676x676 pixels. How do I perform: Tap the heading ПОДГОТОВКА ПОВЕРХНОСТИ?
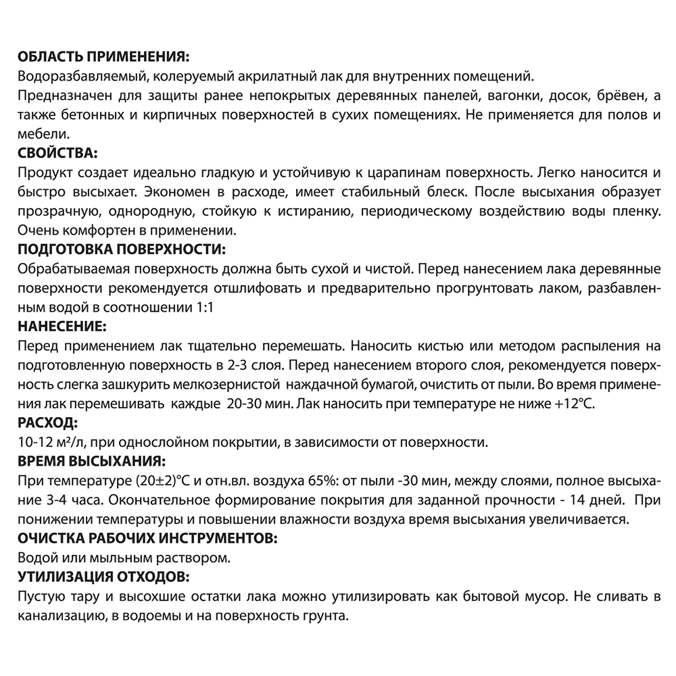pyautogui.click(x=119, y=249)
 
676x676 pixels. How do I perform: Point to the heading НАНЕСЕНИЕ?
pyautogui.click(x=60, y=327)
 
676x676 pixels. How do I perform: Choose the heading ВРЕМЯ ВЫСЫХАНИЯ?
pyautogui.click(x=89, y=462)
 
